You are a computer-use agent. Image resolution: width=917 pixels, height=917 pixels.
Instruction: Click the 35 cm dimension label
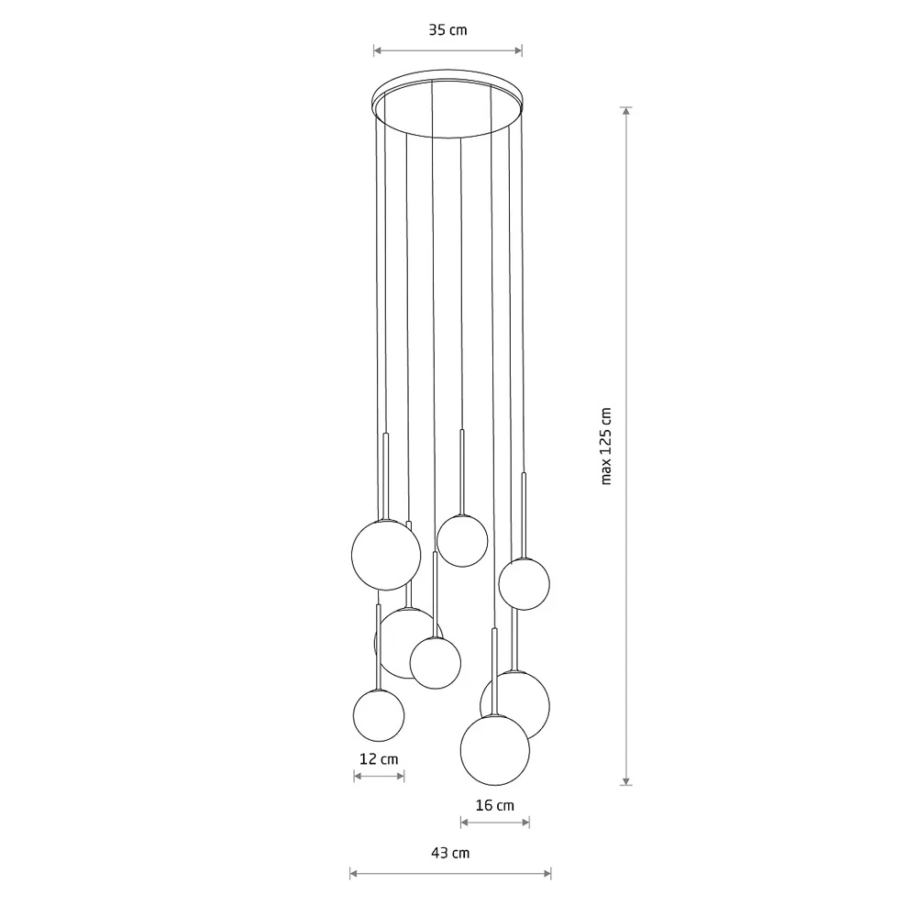[448, 30]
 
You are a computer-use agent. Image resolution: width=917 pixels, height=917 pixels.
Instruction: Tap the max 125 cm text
[606, 447]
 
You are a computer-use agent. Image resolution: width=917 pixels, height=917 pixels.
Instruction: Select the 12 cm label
[379, 759]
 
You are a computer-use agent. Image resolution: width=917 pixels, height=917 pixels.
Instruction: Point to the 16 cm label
[495, 805]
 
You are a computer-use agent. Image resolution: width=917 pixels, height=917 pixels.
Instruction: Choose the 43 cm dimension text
[450, 853]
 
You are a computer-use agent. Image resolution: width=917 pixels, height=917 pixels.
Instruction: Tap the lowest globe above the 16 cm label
[495, 750]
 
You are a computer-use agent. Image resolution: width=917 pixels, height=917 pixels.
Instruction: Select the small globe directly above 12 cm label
[379, 715]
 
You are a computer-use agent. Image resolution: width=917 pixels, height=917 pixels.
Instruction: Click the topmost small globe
[462, 540]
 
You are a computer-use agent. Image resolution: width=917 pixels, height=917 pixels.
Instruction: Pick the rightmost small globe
[524, 583]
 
